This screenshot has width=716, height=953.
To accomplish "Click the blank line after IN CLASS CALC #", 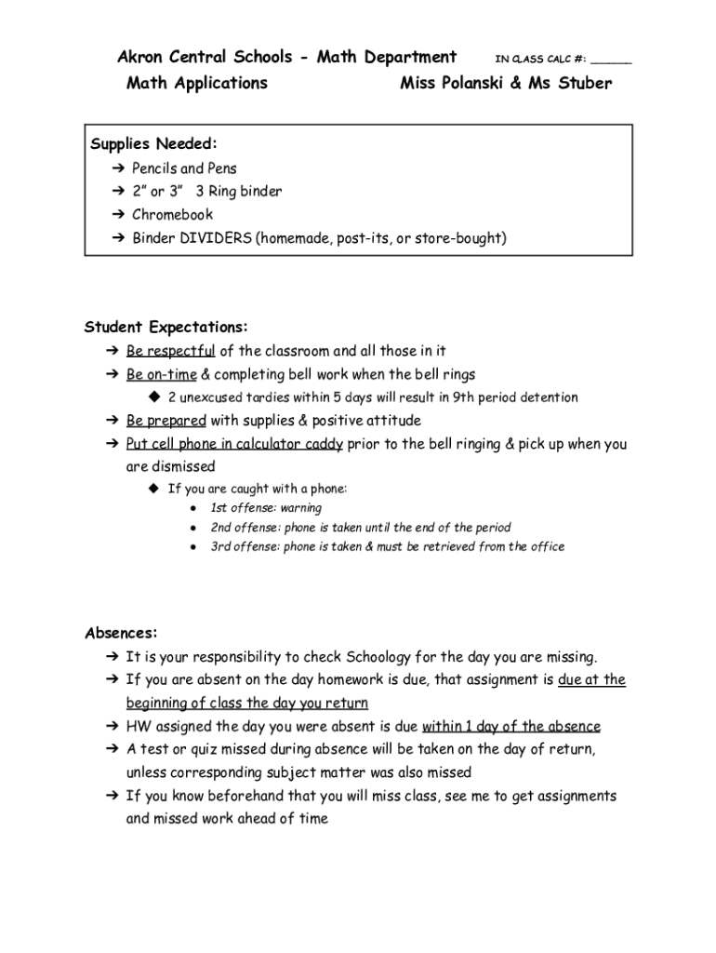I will click(x=611, y=60).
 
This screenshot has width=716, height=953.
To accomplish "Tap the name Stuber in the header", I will click(x=584, y=84).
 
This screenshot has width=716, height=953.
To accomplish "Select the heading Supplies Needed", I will click(x=153, y=143).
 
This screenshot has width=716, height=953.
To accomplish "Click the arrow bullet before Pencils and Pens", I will click(x=117, y=168).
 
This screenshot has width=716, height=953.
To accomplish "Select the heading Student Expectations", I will click(x=166, y=328).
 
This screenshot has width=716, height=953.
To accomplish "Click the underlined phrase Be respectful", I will click(x=170, y=351).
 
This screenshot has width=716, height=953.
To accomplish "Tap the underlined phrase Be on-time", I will click(x=161, y=374).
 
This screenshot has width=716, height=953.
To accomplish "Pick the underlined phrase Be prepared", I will click(x=166, y=421).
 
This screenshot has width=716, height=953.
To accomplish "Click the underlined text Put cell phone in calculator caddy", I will click(x=234, y=444).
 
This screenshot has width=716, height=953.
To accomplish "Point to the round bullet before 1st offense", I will click(x=192, y=509).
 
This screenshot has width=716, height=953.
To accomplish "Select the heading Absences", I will click(x=121, y=633).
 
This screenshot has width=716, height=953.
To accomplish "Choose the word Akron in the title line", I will click(x=139, y=58).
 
